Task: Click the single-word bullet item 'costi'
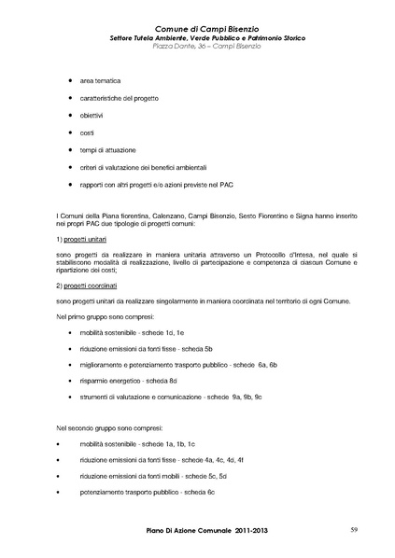pyautogui.click(x=92, y=133)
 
